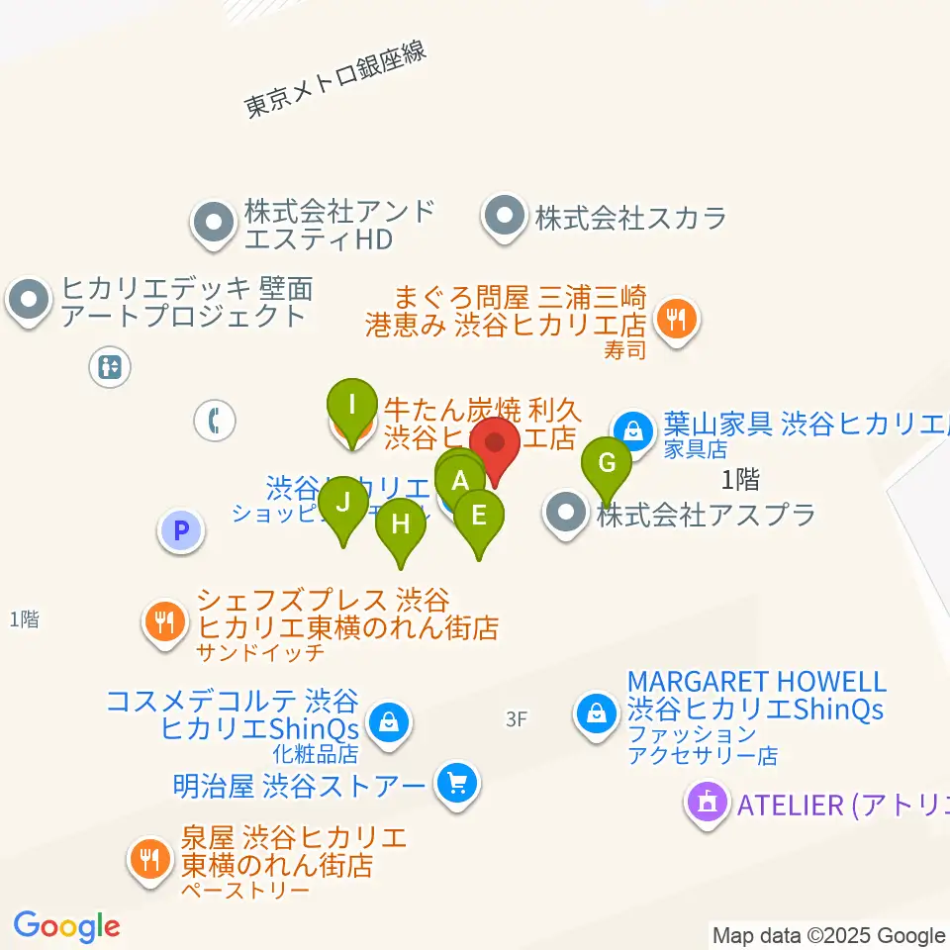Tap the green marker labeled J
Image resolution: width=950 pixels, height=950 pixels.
click(x=343, y=501)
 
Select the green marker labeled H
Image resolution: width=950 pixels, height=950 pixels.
click(x=400, y=522)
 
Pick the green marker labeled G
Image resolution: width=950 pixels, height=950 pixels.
click(x=608, y=462)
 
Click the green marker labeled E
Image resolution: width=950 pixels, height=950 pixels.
click(x=479, y=515)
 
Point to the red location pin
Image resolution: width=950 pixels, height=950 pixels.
click(x=494, y=444)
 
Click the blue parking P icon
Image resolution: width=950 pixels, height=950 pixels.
click(x=180, y=530)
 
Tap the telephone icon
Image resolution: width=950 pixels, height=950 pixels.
click(x=214, y=421)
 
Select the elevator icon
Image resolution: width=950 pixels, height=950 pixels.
click(x=109, y=367)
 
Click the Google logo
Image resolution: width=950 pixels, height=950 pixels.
click(x=66, y=926)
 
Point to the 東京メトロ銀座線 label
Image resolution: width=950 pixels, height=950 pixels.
click(x=336, y=80)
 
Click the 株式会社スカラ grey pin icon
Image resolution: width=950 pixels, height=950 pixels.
click(x=505, y=217)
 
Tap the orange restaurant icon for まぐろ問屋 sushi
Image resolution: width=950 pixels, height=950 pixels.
click(x=677, y=319)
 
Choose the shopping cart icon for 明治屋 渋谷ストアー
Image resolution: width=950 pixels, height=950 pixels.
click(x=457, y=785)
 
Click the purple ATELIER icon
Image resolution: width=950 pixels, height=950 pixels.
click(x=708, y=803)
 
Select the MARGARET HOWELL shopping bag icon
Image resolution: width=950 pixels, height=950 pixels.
click(x=598, y=712)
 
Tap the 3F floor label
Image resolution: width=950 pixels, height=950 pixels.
click(x=516, y=720)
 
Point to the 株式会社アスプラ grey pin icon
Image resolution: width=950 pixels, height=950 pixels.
click(x=565, y=514)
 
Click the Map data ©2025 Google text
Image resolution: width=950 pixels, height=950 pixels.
click(x=829, y=935)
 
